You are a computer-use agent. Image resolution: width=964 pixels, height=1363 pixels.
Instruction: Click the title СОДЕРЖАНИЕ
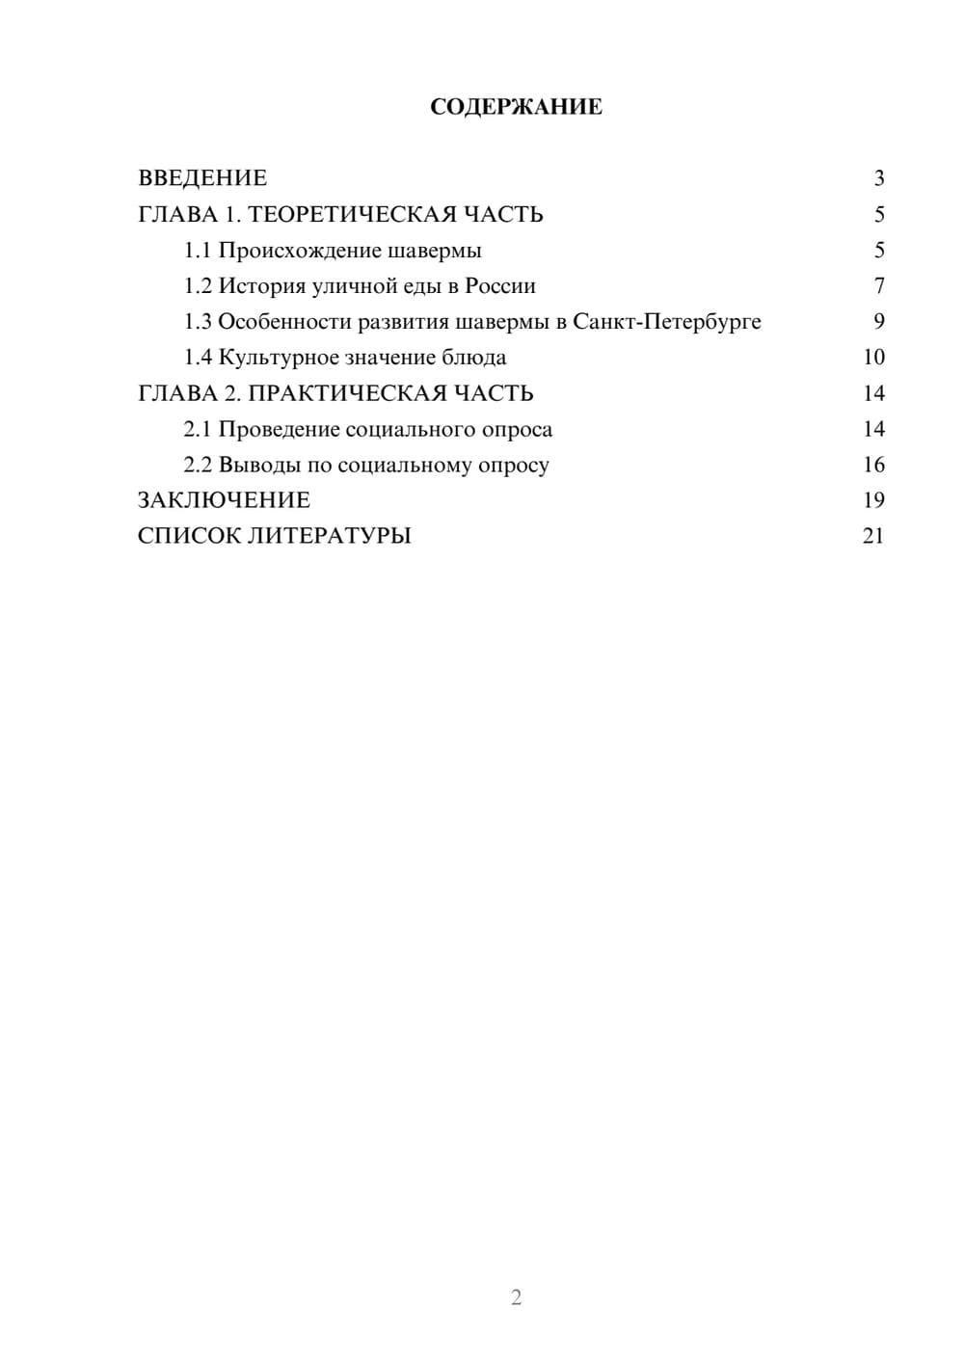coord(516,107)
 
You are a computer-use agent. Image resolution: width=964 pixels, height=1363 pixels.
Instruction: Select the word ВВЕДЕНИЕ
coord(202,178)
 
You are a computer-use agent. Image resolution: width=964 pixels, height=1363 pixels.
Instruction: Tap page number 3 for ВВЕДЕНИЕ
coord(878,178)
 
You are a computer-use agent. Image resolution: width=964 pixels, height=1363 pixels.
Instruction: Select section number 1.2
coord(198,286)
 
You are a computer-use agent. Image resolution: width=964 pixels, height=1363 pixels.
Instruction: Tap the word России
coord(500,286)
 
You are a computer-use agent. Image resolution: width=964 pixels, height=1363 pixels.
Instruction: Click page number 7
coord(878,286)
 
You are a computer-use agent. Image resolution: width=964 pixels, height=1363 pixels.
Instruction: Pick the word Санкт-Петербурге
coord(666,322)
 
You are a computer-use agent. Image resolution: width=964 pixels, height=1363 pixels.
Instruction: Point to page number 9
coord(878,322)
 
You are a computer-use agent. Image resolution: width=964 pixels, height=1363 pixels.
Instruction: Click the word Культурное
coord(279,358)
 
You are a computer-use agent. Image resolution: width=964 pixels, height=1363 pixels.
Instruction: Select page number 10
coord(873,358)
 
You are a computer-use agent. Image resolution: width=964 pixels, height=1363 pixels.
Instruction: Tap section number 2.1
coord(198,429)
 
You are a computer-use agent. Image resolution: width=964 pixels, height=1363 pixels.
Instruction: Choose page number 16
coord(873,465)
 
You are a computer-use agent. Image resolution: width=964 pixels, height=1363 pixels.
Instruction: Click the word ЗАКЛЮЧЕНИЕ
coord(224,500)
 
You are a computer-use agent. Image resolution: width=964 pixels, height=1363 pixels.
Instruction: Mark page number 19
coord(873,500)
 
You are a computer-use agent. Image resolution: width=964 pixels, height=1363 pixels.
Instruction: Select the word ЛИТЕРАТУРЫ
coord(330,536)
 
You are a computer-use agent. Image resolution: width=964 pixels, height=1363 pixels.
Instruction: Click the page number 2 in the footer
coord(516,1297)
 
